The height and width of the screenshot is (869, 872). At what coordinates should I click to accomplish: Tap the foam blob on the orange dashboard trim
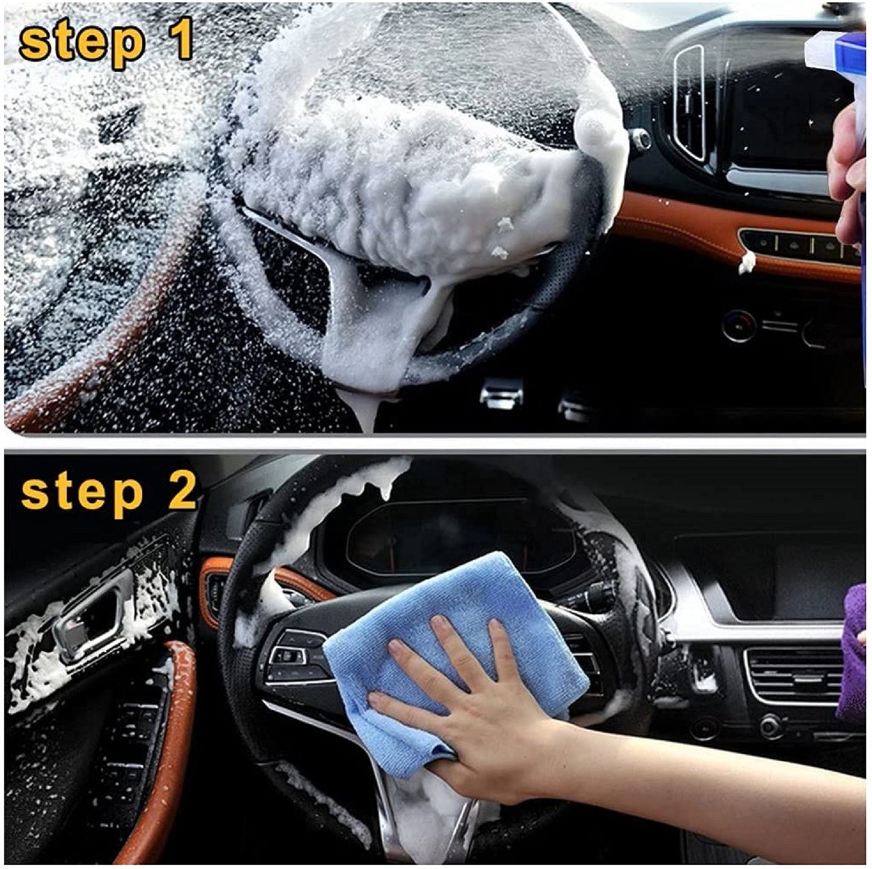click(746, 263)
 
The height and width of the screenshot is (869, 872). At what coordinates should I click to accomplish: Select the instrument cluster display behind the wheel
click(457, 536)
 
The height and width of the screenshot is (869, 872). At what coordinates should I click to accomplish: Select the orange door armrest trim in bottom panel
click(163, 747)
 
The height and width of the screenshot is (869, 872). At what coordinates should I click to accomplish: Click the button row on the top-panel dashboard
click(800, 245)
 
